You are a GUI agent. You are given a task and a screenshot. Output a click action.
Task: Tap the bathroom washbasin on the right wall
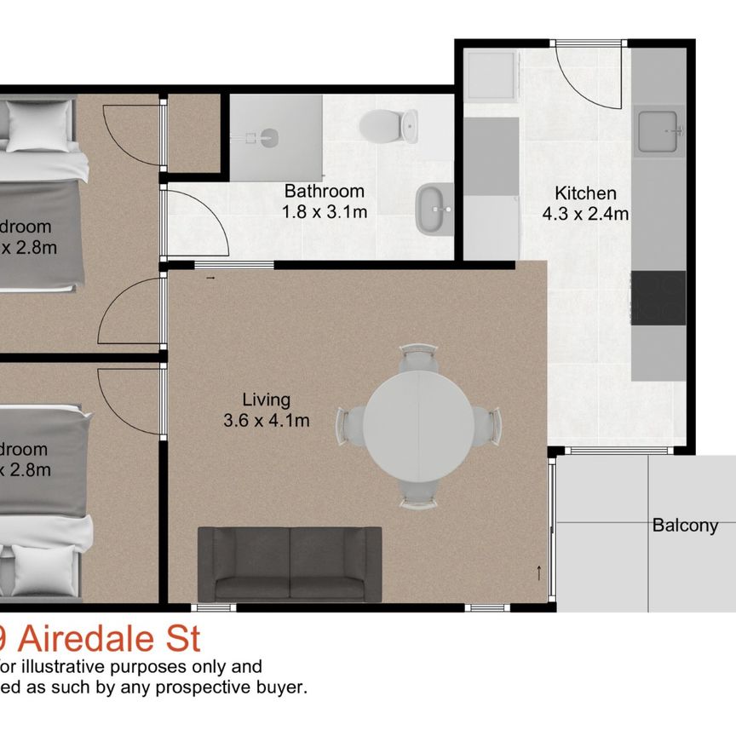(434, 208)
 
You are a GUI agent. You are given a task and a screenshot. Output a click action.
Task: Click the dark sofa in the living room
(290, 563)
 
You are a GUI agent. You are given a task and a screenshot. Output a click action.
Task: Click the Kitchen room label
(585, 193)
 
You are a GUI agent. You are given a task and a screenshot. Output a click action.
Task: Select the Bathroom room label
(324, 191)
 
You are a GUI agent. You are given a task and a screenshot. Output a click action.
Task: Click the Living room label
(266, 399)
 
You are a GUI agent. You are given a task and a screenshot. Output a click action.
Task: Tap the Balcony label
(685, 526)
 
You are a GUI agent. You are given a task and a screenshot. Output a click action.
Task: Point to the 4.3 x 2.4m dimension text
(585, 214)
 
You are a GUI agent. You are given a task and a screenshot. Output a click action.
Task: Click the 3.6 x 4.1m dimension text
(266, 420)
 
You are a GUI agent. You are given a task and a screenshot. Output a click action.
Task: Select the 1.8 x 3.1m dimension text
(325, 211)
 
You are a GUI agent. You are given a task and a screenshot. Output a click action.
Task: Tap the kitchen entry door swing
(588, 73)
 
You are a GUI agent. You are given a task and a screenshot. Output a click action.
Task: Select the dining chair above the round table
(418, 357)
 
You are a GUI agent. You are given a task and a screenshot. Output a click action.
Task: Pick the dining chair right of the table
(487, 423)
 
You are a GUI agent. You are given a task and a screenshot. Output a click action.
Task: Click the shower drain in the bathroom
(267, 136)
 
